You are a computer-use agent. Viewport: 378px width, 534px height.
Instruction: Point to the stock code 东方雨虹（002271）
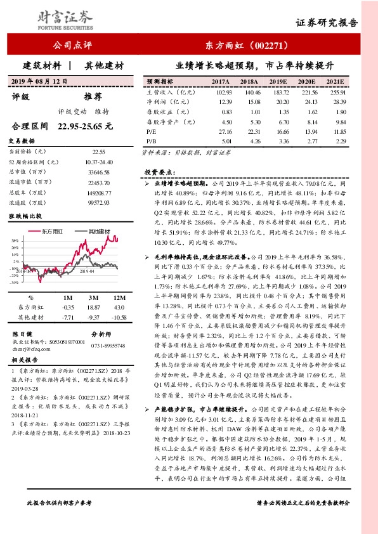click(x=248, y=45)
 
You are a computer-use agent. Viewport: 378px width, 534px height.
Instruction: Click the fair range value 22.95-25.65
click(x=85, y=126)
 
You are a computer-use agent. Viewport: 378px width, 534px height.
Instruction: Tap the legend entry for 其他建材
click(x=101, y=231)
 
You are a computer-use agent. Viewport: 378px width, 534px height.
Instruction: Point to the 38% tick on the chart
click(x=14, y=242)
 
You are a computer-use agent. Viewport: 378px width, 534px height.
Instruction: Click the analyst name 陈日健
click(x=23, y=333)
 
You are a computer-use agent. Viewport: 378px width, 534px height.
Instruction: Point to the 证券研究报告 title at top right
click(x=327, y=23)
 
